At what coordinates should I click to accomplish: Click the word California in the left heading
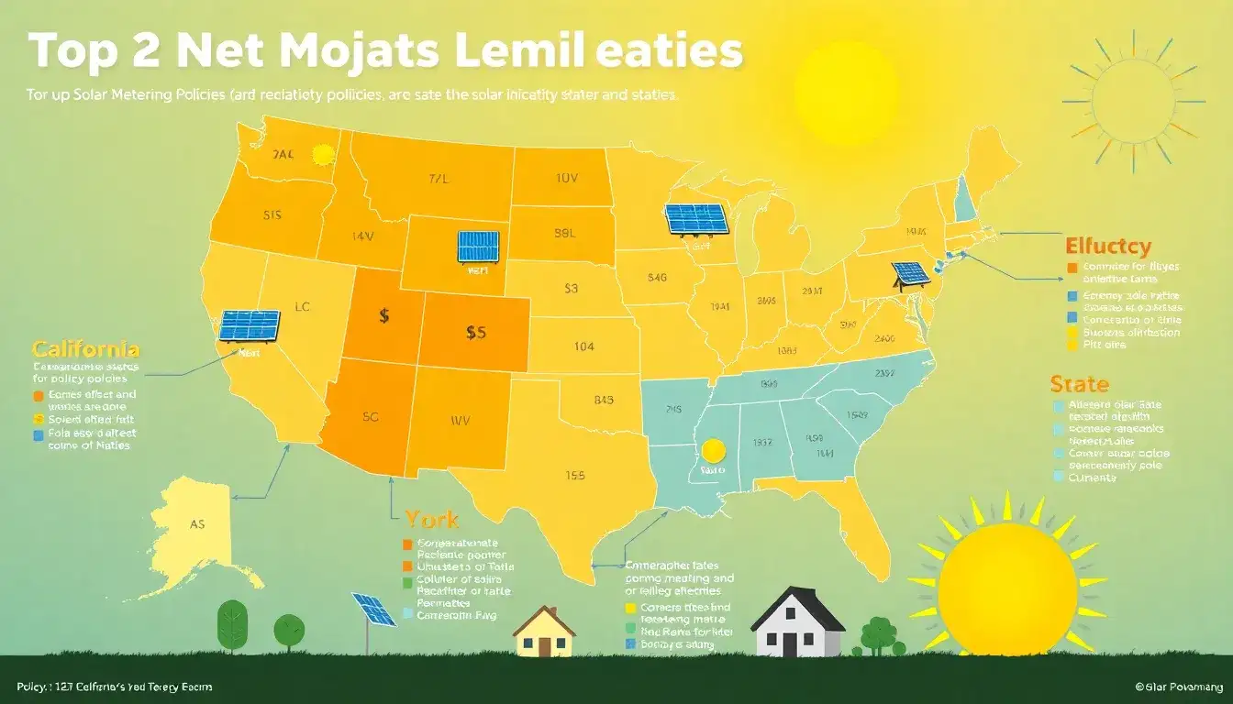85,349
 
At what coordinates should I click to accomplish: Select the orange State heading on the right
1079,383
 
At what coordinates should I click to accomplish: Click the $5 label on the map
475,334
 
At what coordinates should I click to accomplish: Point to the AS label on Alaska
197,525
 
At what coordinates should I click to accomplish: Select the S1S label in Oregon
272,216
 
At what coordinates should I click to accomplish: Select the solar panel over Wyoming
478,247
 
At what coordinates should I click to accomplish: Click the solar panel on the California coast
249,325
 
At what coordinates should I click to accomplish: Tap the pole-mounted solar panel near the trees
373,610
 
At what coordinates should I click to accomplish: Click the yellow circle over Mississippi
713,450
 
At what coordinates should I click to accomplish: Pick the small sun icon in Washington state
322,155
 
